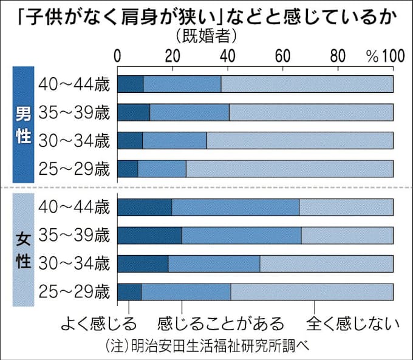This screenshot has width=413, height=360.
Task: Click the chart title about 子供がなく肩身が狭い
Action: click(206, 15)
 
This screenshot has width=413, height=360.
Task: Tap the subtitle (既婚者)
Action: click(206, 36)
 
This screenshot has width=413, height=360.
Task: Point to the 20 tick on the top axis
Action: click(172, 56)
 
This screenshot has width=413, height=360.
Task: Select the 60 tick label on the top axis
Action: click(282, 56)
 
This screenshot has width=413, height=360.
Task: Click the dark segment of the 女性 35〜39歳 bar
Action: click(149, 235)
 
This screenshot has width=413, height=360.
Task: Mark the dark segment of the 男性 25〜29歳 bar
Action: click(128, 168)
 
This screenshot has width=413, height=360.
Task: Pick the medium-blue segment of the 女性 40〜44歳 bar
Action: click(236, 207)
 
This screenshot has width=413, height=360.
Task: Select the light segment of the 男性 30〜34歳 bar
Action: click(300, 140)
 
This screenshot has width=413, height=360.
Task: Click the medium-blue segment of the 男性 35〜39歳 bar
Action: click(189, 112)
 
